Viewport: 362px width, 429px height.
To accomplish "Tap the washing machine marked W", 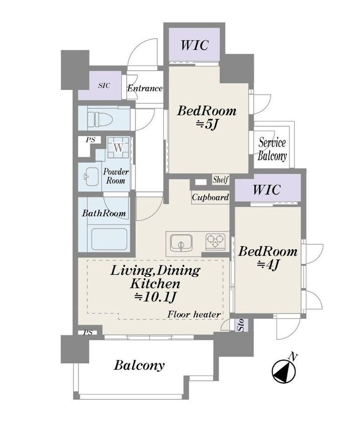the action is pos(118,148).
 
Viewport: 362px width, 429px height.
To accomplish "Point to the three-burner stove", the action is pos(216,241).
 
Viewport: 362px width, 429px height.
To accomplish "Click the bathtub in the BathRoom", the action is pos(110,239).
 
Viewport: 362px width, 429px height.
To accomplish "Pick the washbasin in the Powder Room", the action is pos(91,176).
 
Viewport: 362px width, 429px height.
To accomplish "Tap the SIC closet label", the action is pos(104,86).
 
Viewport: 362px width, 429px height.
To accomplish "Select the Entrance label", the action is pos(145,88).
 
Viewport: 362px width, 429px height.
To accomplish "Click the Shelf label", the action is pos(221,180).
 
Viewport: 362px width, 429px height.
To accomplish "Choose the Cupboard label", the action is pos(210,197).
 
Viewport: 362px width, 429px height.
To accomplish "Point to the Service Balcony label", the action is pos(272,149).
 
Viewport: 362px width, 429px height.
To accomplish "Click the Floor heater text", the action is pos(194,315).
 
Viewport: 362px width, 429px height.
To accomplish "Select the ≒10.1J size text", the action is pos(155,297).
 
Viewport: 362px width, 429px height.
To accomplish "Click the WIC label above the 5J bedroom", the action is pos(194,45).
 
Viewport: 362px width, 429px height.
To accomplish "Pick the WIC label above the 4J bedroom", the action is pos(267,189).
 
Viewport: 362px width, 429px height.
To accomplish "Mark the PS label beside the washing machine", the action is pos(90,140).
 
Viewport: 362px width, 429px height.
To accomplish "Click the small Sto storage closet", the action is pos(242,325).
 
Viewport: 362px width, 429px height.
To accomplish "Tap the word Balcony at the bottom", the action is pos(139,365).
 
